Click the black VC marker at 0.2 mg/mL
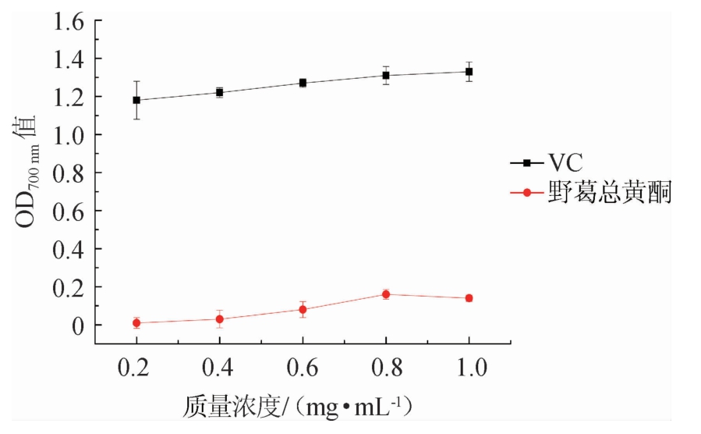(136, 100)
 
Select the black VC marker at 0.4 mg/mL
(220, 92)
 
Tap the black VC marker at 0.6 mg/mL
(303, 83)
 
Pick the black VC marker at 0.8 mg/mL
(386, 75)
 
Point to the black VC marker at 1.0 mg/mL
(469, 71)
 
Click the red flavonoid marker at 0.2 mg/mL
(136, 322)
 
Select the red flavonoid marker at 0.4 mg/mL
(220, 318)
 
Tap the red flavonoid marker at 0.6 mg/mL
(303, 309)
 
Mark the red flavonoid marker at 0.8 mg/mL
(386, 294)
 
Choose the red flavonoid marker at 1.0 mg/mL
(469, 298)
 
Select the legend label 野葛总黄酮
(609, 193)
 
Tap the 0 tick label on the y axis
(77, 325)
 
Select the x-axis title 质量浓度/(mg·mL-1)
(297, 407)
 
